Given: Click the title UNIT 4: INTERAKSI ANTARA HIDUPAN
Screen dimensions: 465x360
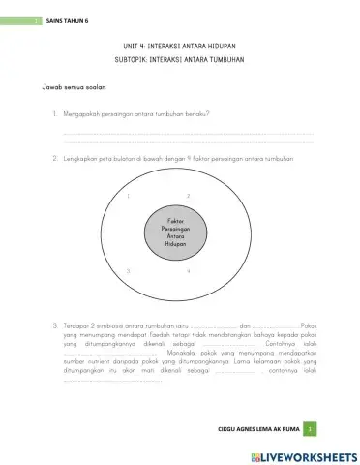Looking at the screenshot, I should pos(181,46).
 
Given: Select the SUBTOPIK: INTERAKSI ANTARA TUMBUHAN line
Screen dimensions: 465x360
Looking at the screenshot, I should pos(181,59).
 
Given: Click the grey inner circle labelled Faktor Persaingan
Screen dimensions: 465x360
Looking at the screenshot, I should pos(174,232).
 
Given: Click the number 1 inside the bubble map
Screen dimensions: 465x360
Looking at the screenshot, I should pos(129,195).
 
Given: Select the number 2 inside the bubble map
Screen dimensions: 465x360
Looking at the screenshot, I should pos(187,195).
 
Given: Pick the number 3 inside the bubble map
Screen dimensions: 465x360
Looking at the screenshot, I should pos(128,271).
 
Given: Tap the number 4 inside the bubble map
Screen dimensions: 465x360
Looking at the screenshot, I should pos(187,271).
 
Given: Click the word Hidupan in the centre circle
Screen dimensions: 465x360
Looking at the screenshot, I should pos(174,246).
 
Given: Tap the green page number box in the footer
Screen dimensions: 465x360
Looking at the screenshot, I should pos(308,426).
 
